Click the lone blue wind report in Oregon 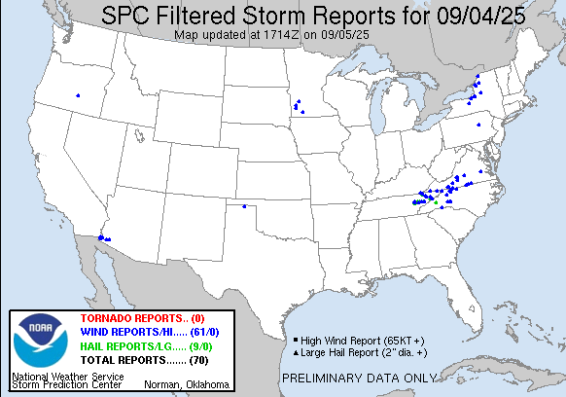[x=78, y=95]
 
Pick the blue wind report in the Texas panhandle [x=243, y=206]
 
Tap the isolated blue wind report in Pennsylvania [x=478, y=125]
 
